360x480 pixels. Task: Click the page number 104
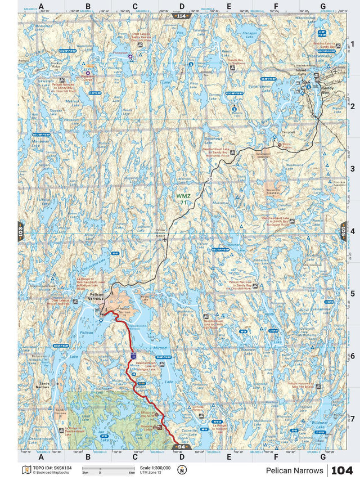(343, 470)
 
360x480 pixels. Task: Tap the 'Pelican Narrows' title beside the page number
(295, 470)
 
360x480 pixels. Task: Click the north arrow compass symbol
(182, 469)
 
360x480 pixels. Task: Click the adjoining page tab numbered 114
(181, 16)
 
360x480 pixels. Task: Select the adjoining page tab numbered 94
(181, 447)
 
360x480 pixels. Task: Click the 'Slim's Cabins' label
(289, 145)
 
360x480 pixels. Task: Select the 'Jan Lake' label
(103, 433)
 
